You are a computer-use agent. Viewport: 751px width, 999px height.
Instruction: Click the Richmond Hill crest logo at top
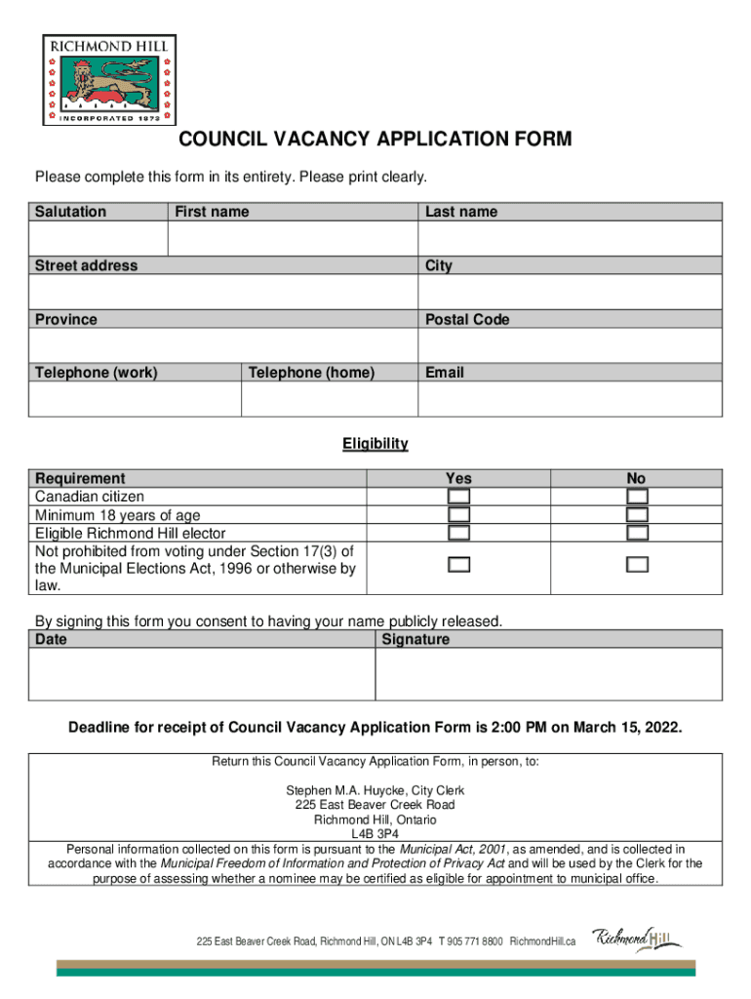108,79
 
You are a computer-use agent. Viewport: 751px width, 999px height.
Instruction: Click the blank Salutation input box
99,238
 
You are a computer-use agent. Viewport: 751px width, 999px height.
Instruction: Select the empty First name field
293,238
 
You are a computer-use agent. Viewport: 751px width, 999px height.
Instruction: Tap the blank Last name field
570,238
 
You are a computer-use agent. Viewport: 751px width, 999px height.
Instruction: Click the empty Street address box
223,292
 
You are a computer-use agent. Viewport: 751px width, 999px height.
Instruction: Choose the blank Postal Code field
570,345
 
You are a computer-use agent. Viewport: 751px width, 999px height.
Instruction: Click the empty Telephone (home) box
329,399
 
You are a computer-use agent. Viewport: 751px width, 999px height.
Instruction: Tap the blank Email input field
570,399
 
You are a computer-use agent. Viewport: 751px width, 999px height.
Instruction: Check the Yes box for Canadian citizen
458,497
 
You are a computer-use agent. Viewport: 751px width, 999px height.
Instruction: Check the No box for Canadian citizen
637,497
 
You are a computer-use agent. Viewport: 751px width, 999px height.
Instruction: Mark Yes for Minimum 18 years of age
458,514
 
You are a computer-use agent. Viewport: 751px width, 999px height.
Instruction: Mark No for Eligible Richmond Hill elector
637,533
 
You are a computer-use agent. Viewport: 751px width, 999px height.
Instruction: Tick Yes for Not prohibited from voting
458,564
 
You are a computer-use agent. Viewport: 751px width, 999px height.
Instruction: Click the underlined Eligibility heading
375,444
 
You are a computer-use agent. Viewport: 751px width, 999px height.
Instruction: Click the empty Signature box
548,674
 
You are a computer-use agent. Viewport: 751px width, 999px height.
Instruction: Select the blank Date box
201,674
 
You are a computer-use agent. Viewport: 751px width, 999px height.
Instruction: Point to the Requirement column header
80,478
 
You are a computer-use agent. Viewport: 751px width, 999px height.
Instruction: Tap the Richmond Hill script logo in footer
637,939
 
